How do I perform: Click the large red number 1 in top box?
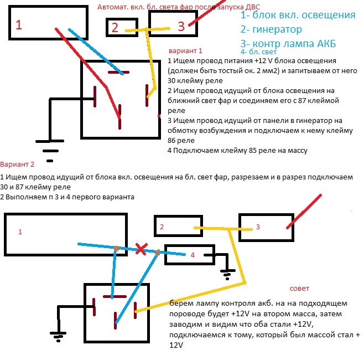point(19,24)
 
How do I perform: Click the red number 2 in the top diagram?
point(115,27)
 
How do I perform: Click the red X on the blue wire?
point(142,250)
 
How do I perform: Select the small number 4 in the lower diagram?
point(193,255)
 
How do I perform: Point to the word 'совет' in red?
point(300,289)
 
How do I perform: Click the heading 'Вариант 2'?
point(17,164)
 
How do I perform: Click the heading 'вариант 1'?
point(185,49)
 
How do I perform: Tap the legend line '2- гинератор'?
point(272,29)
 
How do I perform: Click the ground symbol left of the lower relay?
point(58,335)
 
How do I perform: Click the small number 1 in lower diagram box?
point(20,232)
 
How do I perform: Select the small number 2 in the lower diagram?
point(162,227)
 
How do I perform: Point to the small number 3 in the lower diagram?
point(257,227)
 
